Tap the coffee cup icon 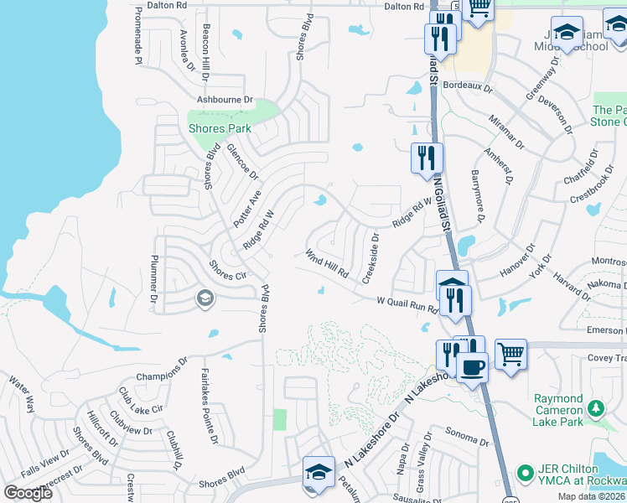pyautogui.click(x=472, y=366)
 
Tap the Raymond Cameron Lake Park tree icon pyautogui.click(x=596, y=408)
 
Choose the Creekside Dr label pyautogui.click(x=370, y=258)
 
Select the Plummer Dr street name pyautogui.click(x=154, y=278)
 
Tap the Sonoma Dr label pyautogui.click(x=467, y=438)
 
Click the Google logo pyautogui.click(x=28, y=492)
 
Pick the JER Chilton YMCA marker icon pyautogui.click(x=526, y=474)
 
